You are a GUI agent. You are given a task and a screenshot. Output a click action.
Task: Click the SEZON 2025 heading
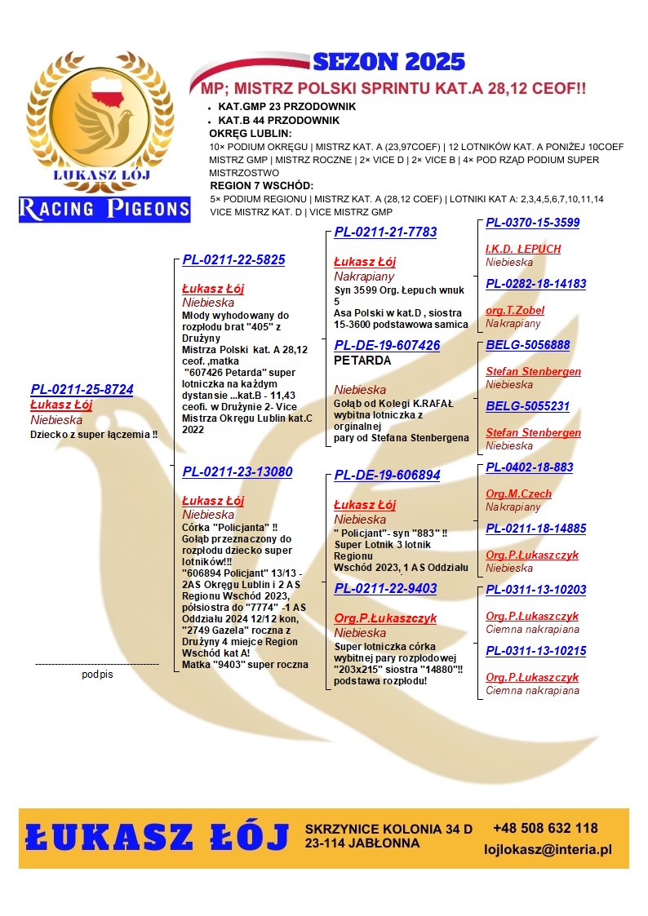tap(388, 62)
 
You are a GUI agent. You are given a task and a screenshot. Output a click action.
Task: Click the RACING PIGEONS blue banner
tap(104, 209)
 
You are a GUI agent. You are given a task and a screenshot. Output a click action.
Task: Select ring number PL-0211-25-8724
tap(82, 390)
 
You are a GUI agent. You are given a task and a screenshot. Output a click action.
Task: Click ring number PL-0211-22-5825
tap(233, 260)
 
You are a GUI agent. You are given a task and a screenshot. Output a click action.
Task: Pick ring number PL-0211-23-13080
tap(237, 472)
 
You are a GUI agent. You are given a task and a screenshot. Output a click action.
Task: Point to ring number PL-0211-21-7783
tap(385, 232)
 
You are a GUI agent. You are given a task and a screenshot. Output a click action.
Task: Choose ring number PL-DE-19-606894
tap(387, 476)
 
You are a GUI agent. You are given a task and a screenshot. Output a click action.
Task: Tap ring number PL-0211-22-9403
tap(385, 589)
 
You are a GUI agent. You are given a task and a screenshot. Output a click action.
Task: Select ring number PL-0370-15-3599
tap(532, 223)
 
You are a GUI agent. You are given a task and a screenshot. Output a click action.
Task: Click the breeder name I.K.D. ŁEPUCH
tap(523, 249)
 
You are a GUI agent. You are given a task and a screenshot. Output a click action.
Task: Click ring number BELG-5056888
tap(527, 345)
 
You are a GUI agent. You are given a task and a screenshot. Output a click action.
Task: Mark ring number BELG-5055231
tap(527, 406)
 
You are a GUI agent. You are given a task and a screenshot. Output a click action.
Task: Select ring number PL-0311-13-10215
tap(535, 651)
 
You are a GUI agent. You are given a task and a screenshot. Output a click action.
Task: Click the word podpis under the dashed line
tap(97, 675)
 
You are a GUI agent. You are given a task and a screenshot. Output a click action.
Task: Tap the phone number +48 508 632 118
tap(545, 829)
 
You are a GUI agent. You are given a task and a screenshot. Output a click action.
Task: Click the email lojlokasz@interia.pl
tap(548, 850)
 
